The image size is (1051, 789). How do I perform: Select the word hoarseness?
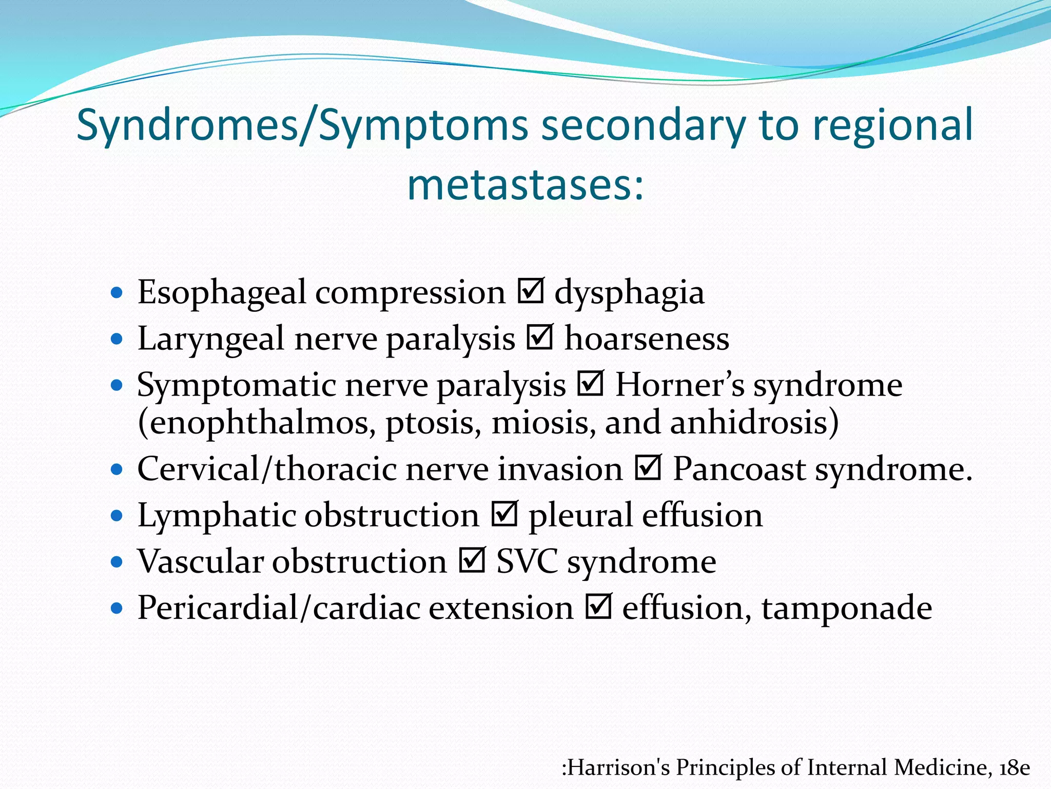pos(647,339)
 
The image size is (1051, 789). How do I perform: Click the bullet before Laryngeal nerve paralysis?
pos(117,339)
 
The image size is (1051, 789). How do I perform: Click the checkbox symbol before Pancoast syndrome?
pos(648,468)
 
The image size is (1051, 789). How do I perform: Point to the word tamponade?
pos(847,608)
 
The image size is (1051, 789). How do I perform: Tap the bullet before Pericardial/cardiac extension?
pos(117,609)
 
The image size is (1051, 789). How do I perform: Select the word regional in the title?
pos(893,126)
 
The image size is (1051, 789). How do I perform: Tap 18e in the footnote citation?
pos(1015,767)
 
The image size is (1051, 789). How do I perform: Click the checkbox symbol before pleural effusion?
pos(504,514)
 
